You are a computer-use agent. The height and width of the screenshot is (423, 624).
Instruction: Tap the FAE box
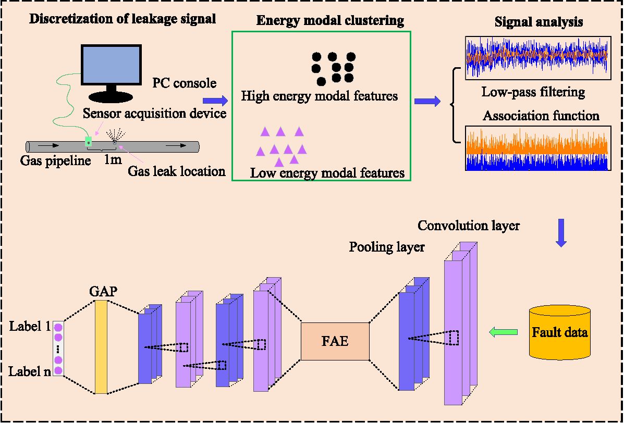(335, 342)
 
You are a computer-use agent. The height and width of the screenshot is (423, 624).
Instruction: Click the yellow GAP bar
(101, 347)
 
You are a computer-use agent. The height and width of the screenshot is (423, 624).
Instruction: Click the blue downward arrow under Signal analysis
(561, 232)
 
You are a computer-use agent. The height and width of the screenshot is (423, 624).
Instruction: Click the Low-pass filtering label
(533, 93)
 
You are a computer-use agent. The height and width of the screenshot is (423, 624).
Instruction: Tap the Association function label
(541, 115)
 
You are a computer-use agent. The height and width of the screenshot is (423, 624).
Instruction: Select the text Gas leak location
(177, 171)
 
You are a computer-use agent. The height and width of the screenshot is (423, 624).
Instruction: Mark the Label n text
(29, 371)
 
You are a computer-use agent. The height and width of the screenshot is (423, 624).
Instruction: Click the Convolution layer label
(468, 226)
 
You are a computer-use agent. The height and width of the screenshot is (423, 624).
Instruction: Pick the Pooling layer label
(387, 246)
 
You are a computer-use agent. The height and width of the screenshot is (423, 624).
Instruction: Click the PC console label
(184, 83)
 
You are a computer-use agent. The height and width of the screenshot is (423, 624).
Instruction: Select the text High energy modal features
(319, 96)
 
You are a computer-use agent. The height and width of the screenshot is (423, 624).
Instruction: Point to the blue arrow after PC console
(215, 100)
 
